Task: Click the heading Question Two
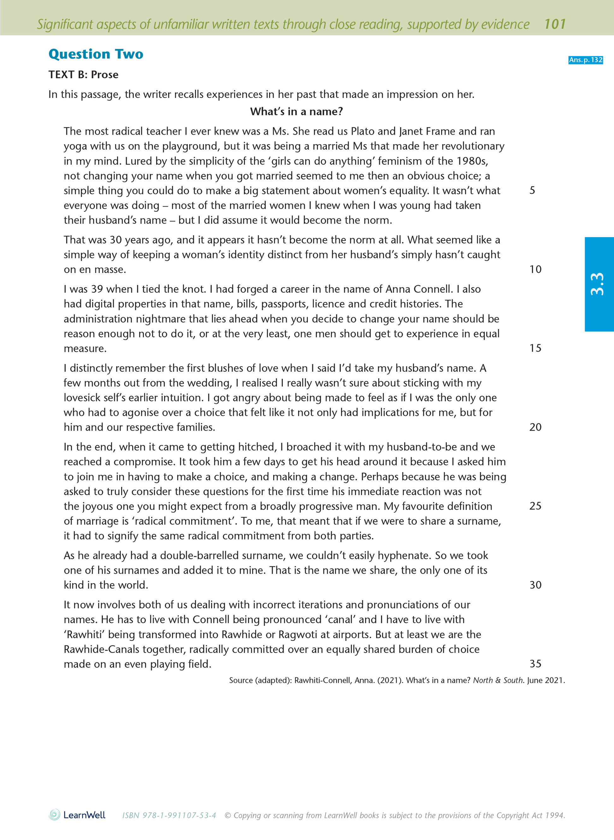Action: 96,54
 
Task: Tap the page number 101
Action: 555,24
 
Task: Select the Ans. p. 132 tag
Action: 585,60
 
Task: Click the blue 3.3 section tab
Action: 599,284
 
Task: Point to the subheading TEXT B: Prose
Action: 83,75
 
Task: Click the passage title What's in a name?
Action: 296,111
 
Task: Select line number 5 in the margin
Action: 532,190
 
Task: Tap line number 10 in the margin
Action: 535,269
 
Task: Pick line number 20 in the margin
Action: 535,427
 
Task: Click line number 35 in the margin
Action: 535,664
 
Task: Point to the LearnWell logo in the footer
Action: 77,815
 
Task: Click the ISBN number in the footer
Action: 169,815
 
